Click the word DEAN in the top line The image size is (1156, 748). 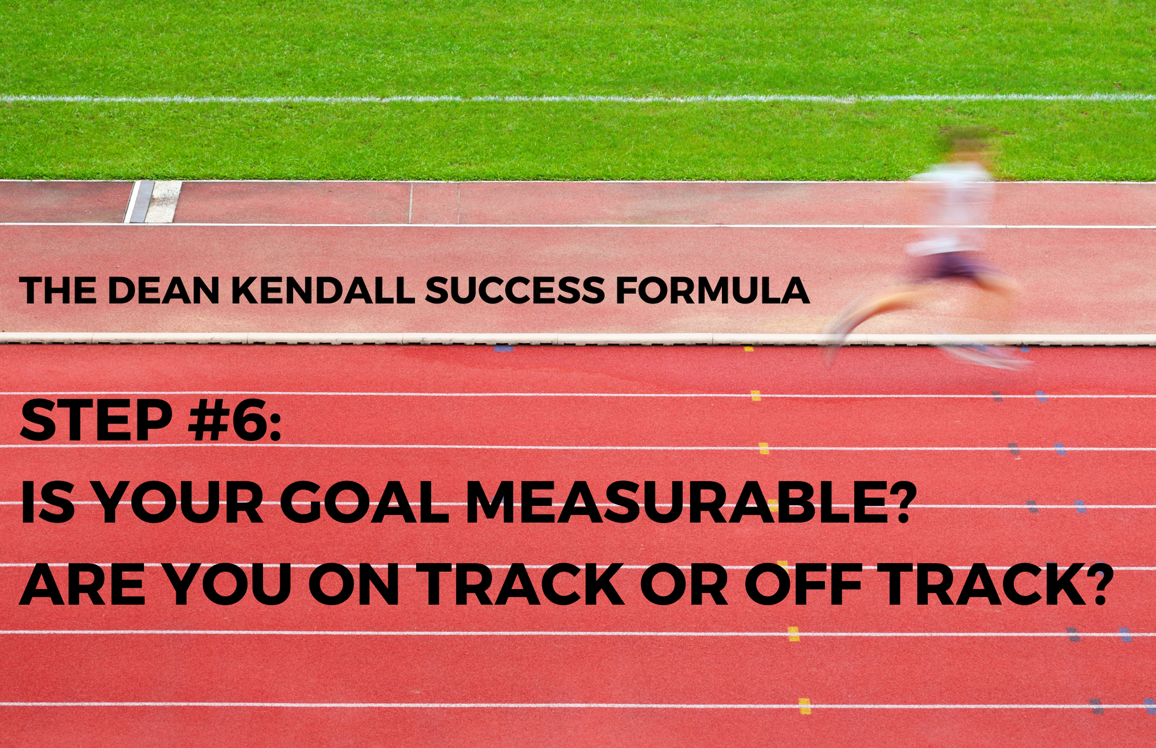tap(163, 290)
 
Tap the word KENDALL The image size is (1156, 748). tap(323, 290)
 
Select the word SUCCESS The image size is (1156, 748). tap(515, 290)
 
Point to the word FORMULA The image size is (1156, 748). tap(712, 290)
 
